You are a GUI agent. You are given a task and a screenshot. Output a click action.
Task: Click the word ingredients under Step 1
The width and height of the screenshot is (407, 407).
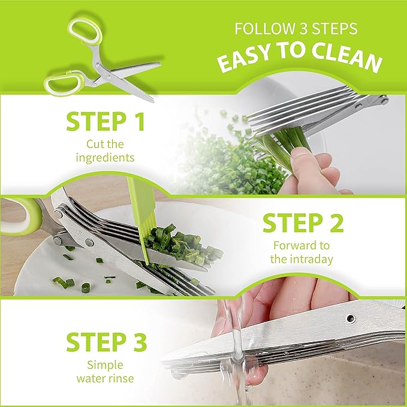(106, 157)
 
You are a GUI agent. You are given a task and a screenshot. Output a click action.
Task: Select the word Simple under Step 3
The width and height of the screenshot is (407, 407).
(105, 366)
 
